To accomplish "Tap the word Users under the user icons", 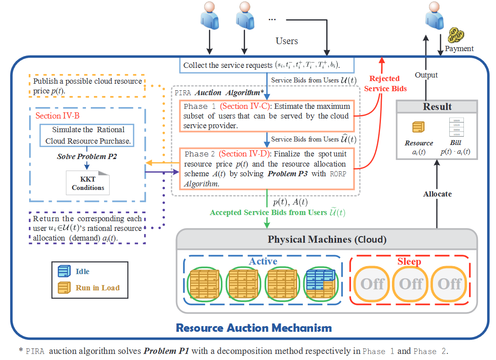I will [287, 41].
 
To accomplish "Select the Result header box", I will [437, 107].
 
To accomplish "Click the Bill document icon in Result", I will [455, 128].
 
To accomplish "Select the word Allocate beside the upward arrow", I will [437, 194].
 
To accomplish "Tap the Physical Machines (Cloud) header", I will [327, 240].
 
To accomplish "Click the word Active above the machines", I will [263, 261].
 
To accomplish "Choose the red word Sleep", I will [409, 261].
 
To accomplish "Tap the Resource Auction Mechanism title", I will [254, 328].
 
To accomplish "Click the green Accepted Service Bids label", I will [278, 212].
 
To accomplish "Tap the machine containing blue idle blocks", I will [321, 282].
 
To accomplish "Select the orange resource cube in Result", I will [418, 127].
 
